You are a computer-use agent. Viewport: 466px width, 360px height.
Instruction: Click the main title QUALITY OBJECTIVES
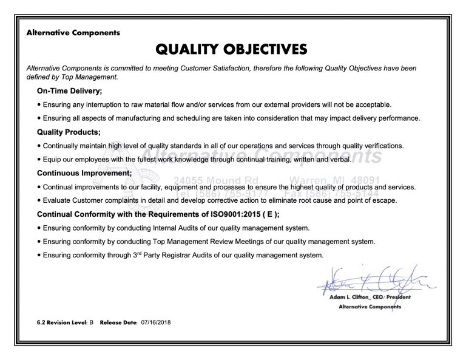coord(233,49)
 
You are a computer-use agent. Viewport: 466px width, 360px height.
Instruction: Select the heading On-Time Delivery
coord(69,91)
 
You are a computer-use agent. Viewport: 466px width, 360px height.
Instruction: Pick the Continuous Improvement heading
coord(84,173)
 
